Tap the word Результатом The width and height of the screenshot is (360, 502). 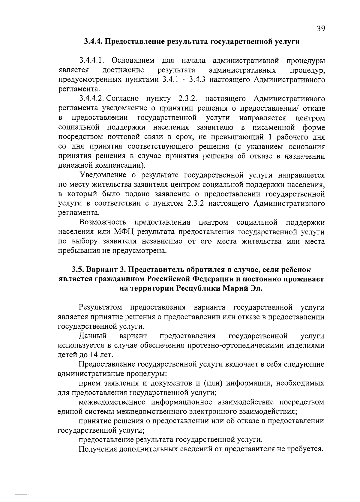pyautogui.click(x=100, y=307)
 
